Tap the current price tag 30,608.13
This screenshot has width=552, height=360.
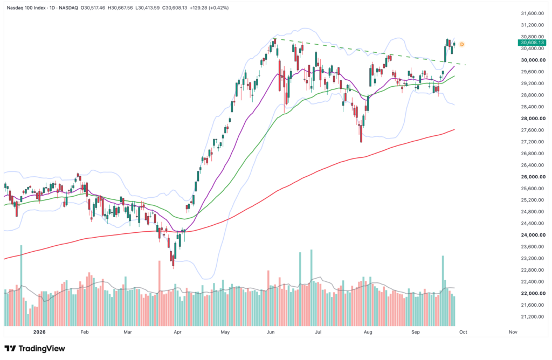pos(532,43)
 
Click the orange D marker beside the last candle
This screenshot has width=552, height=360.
pos(462,44)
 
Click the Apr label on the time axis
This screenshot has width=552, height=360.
pos(177,332)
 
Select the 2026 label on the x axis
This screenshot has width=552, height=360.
pos(39,332)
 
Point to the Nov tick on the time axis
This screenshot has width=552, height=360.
pos(513,332)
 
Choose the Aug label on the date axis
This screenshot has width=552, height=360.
pos(368,332)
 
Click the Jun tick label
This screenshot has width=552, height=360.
pos(271,332)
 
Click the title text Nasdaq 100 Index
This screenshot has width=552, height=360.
pos(26,8)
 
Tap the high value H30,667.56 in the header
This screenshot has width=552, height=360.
pos(120,8)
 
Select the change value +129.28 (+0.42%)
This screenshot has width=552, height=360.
pos(209,8)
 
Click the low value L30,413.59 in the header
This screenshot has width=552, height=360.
pos(148,8)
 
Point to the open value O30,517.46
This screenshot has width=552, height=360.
pos(93,8)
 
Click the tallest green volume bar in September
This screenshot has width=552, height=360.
pos(443,291)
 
